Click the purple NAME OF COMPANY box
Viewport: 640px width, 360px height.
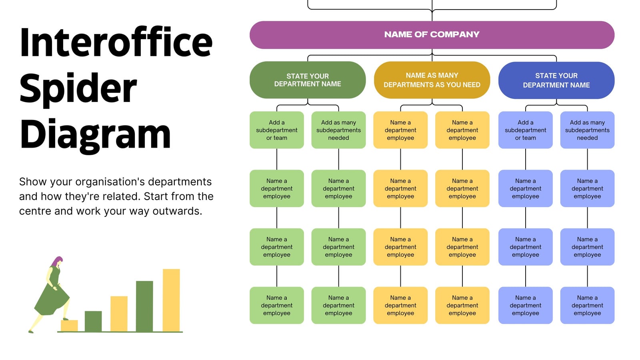(432, 35)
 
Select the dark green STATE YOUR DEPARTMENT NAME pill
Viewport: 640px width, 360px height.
(308, 80)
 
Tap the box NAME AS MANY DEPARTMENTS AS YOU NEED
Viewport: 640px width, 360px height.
(432, 80)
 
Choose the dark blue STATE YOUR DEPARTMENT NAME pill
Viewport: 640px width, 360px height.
(556, 80)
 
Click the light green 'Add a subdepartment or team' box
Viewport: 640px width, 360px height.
(276, 130)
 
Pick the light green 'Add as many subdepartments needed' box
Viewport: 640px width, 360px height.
(338, 130)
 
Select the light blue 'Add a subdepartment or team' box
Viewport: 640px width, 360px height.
(526, 130)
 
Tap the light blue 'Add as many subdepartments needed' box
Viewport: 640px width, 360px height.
(588, 130)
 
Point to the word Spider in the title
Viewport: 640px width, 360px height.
(78, 90)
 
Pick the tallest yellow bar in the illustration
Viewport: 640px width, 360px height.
(172, 300)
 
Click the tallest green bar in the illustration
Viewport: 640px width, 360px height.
(144, 306)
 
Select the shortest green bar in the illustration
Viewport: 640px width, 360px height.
(93, 321)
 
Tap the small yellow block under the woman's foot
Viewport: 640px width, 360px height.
(70, 326)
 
